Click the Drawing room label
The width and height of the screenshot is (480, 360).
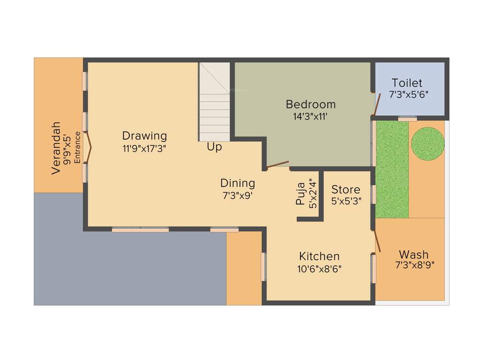(x=144, y=136)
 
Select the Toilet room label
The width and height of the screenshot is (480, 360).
(x=407, y=83)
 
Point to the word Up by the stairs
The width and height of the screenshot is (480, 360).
(x=215, y=147)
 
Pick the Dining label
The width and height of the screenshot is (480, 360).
(x=238, y=183)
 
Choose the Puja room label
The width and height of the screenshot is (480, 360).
(x=300, y=194)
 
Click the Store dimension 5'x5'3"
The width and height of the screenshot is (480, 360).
(x=346, y=202)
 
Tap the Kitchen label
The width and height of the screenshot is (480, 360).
(x=319, y=256)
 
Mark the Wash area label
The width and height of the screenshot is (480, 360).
(x=413, y=255)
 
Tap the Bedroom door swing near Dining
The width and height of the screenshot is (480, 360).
(x=277, y=165)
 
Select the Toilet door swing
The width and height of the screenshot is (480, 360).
(x=376, y=105)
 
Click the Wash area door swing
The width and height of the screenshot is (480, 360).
(x=377, y=242)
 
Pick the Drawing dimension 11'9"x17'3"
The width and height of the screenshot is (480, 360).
(x=144, y=148)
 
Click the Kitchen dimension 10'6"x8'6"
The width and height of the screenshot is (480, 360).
(x=319, y=269)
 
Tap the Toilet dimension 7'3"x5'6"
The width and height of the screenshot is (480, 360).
(x=408, y=94)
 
